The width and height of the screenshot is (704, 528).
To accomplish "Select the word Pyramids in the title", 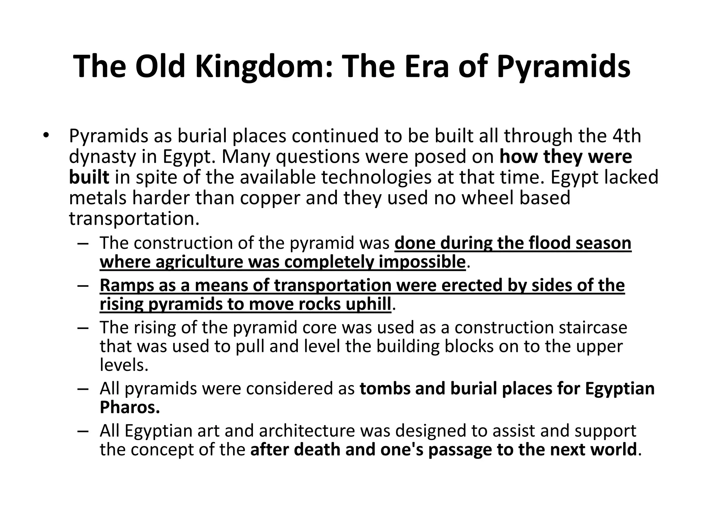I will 564,67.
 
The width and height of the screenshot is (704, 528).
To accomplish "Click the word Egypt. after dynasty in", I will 189,157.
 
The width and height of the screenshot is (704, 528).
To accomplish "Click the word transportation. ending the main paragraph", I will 134,219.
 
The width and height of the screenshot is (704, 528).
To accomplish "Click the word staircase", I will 593,327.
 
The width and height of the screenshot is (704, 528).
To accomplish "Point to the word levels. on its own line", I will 124,365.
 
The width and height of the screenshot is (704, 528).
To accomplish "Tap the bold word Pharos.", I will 130,407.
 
